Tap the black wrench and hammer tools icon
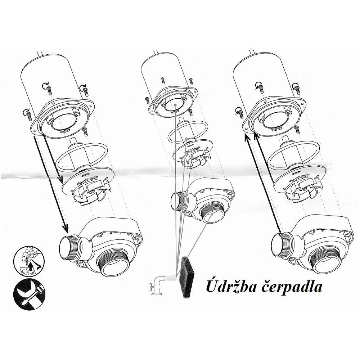(30, 295)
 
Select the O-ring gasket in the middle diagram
(188, 131)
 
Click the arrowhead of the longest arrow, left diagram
(65, 228)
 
